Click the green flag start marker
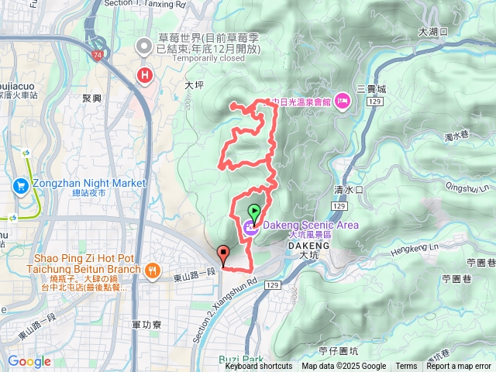tap(253, 210)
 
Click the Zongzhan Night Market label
tap(89, 183)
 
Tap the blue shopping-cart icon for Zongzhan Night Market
tap(21, 184)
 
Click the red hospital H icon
tap(143, 75)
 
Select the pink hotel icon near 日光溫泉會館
tap(342, 102)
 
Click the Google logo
tap(29, 361)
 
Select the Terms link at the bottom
tap(406, 367)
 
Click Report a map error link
tap(458, 367)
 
